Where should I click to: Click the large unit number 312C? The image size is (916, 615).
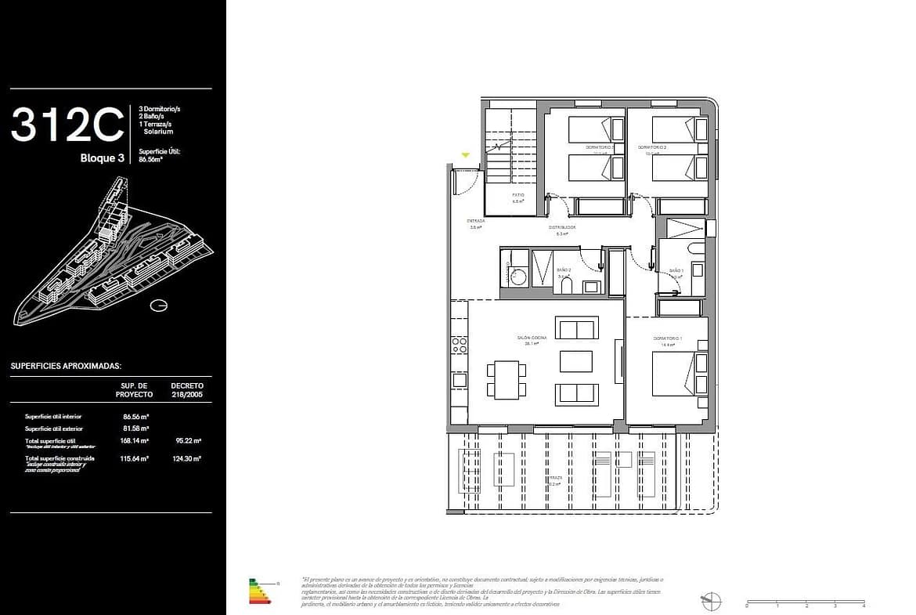point(67,125)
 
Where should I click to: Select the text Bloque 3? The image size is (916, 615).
point(103,158)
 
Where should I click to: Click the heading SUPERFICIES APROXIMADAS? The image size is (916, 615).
point(66,366)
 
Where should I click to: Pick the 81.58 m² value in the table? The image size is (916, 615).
point(135,429)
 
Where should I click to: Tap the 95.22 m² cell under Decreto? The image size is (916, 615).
point(187,441)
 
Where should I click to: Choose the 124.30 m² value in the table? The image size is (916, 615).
point(187,458)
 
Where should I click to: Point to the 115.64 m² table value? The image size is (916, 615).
point(135,458)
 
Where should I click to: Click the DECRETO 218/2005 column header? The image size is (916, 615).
point(187,389)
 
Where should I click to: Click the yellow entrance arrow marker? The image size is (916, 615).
point(466,156)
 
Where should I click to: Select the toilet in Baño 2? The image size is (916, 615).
point(568,284)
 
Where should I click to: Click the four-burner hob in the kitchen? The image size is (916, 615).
point(460,346)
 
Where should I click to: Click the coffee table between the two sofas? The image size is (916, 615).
point(576,361)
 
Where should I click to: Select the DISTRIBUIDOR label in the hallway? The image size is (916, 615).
point(566,227)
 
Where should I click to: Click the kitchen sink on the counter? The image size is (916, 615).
point(460,380)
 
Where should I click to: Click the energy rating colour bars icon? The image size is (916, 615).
point(259,591)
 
